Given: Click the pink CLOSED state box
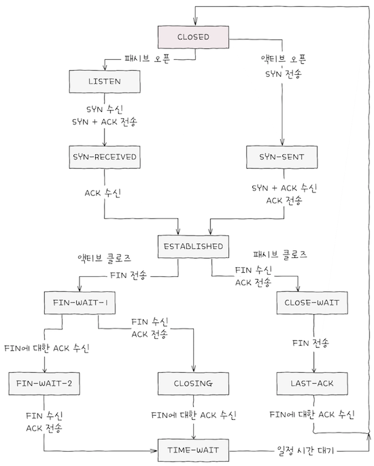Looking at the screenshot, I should click(193, 37).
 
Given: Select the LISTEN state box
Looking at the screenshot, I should click(105, 82).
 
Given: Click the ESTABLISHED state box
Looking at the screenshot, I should click(193, 246).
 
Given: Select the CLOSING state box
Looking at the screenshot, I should click(193, 383).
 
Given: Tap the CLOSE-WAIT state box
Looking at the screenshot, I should click(312, 300).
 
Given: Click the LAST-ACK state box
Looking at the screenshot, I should click(312, 383).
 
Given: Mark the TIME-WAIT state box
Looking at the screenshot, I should click(193, 448).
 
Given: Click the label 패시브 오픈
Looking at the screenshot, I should click(146, 59).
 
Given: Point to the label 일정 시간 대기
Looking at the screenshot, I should click(307, 450).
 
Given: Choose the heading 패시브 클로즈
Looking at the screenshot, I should click(279, 254).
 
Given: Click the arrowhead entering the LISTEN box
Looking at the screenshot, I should click(105, 68).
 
